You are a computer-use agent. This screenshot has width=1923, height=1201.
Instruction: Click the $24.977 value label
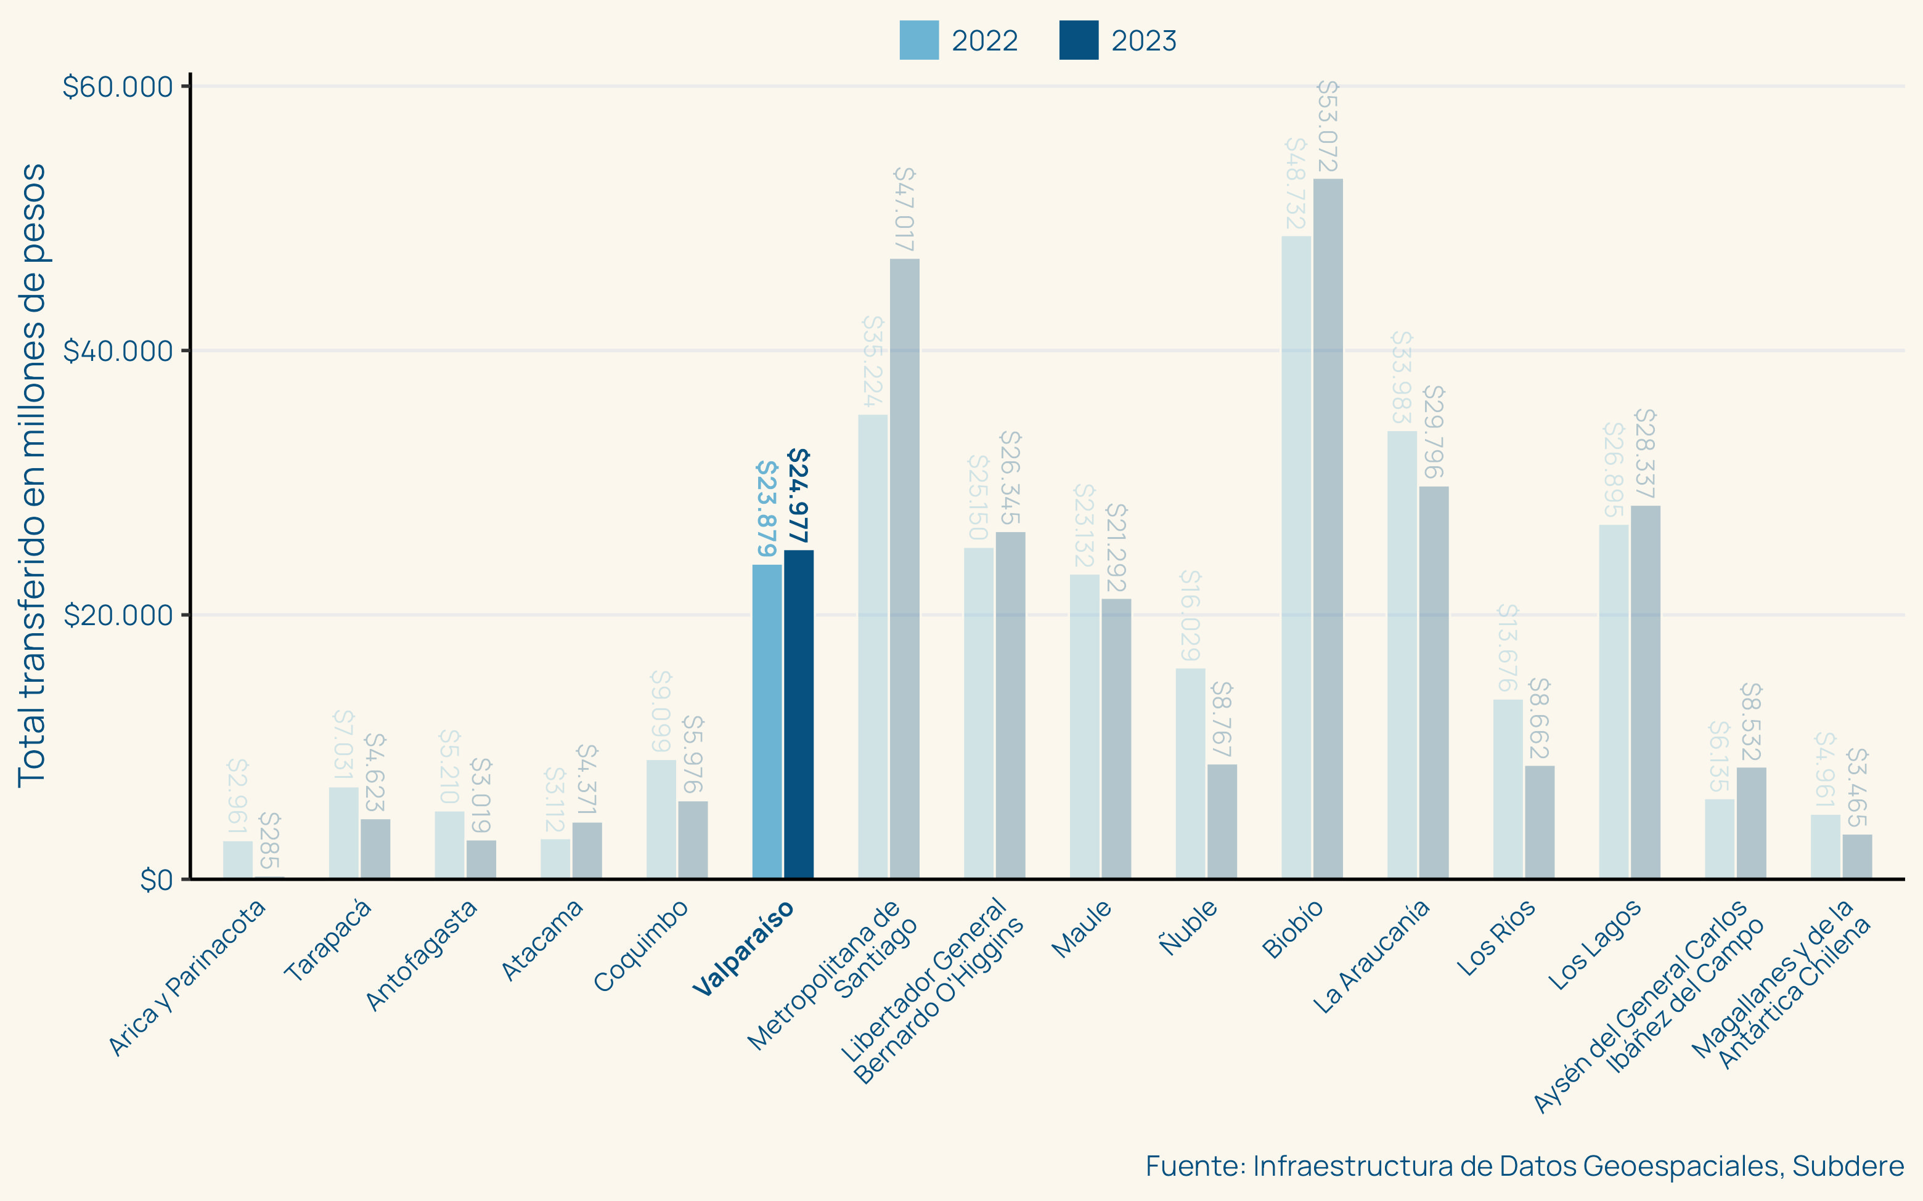point(799,496)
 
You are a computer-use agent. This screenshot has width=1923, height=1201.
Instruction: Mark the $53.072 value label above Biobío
point(1328,126)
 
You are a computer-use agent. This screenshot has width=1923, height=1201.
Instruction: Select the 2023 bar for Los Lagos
point(1645,691)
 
